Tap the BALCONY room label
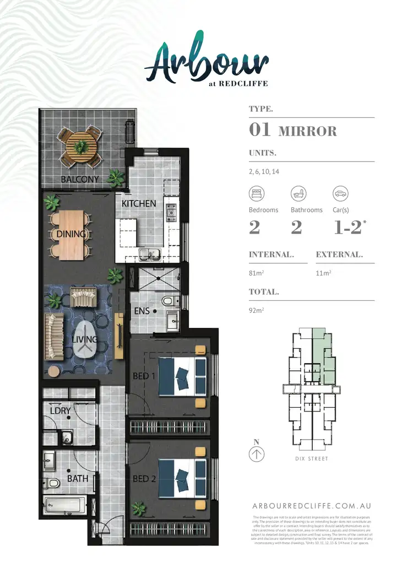pyautogui.click(x=80, y=179)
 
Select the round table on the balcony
pyautogui.click(x=81, y=146)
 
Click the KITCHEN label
pyautogui.click(x=139, y=203)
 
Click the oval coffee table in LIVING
pyautogui.click(x=83, y=340)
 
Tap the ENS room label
pyautogui.click(x=142, y=311)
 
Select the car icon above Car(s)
pyautogui.click(x=340, y=193)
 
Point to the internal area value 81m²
pyautogui.click(x=256, y=272)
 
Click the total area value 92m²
pyautogui.click(x=256, y=310)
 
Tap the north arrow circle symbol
pyautogui.click(x=257, y=454)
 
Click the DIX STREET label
pyautogui.click(x=312, y=458)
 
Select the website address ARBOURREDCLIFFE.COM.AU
pyautogui.click(x=311, y=506)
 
